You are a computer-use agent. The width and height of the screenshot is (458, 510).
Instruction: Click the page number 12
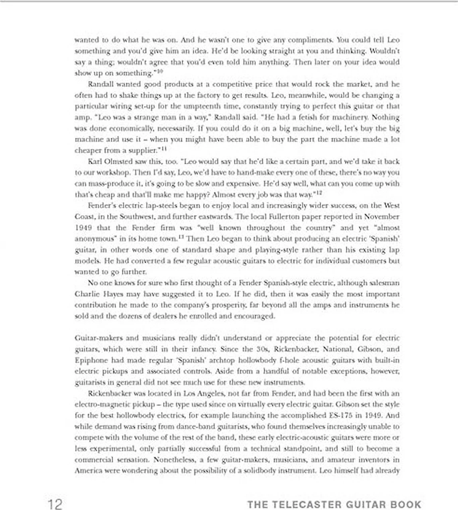pyautogui.click(x=55, y=504)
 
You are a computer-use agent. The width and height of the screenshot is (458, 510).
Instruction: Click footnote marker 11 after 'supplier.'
pyautogui.click(x=164, y=149)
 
